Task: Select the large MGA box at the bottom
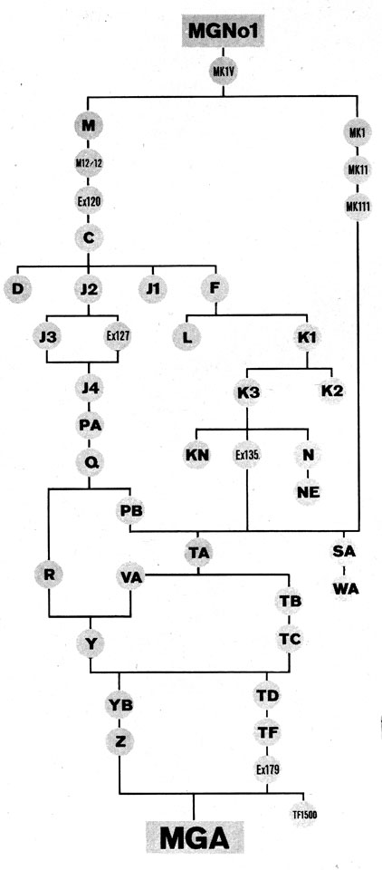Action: (195, 837)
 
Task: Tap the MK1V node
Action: (224, 72)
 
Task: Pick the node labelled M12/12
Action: (89, 162)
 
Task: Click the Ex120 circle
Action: (89, 201)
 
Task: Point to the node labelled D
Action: (18, 289)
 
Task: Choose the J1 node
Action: (152, 289)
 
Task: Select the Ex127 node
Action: (118, 336)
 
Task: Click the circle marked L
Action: (186, 337)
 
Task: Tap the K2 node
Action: (331, 391)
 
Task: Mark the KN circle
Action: (196, 455)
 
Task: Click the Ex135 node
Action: (247, 455)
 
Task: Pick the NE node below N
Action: (307, 491)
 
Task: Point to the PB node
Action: (130, 510)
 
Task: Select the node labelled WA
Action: (346, 588)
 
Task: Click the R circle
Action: (50, 575)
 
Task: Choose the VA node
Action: (131, 577)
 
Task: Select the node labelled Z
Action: (119, 740)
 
